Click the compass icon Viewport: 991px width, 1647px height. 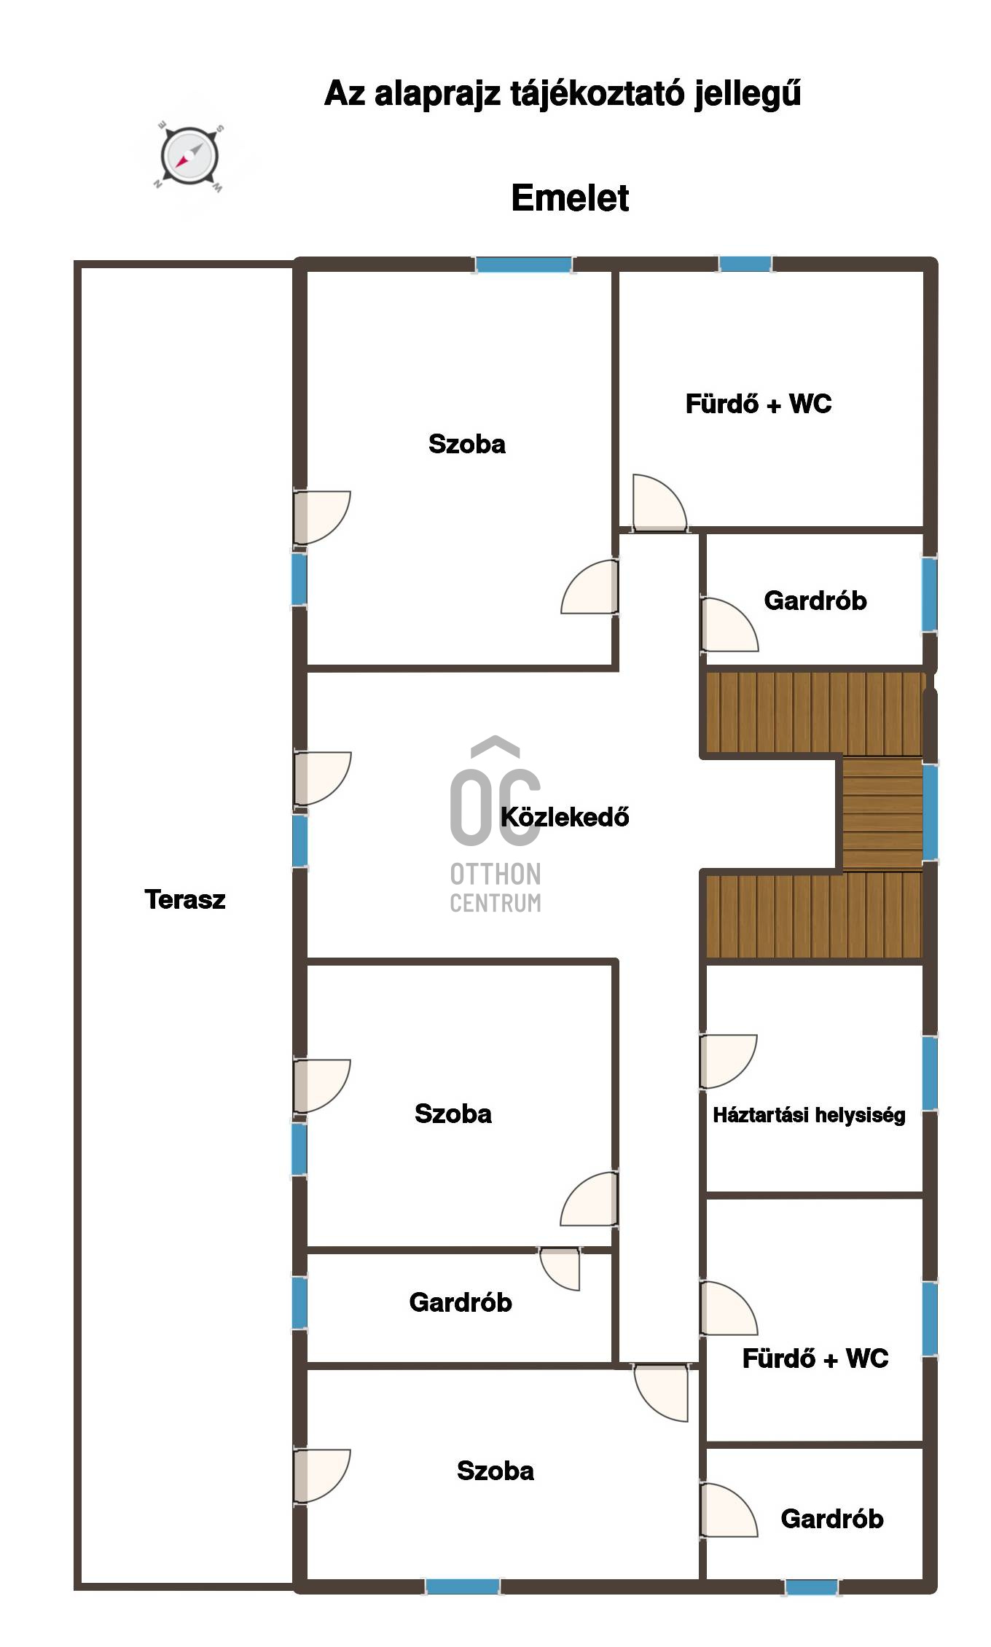(189, 157)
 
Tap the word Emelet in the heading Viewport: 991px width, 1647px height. (570, 198)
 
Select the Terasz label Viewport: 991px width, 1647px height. (185, 900)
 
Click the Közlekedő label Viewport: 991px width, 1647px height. (565, 817)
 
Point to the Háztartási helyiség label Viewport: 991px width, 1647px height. (809, 1115)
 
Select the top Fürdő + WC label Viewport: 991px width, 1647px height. (759, 404)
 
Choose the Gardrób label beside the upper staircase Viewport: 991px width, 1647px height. (815, 600)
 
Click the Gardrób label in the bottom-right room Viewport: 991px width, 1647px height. (832, 1519)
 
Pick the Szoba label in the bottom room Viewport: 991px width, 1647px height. (495, 1471)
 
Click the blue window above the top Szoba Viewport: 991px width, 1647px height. (523, 265)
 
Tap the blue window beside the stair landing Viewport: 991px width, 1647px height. (930, 811)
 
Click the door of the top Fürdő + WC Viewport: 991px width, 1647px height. (659, 503)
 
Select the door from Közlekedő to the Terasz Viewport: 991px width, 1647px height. (321, 778)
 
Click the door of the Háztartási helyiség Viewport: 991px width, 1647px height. (728, 1062)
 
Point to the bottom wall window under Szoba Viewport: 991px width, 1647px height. (463, 1587)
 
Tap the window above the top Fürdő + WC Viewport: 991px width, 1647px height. (745, 265)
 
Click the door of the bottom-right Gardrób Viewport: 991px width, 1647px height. (729, 1511)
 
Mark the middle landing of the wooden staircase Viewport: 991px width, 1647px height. (882, 815)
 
